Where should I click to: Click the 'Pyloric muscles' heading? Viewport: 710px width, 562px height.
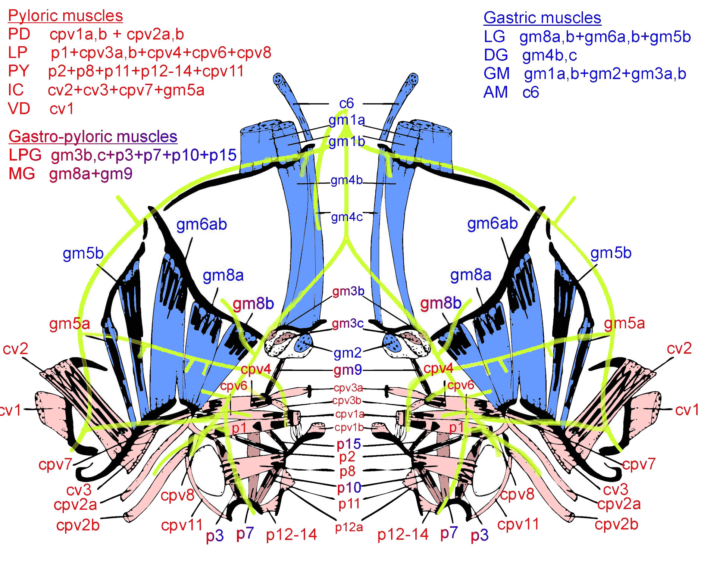click(x=65, y=16)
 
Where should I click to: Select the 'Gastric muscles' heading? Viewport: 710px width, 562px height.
click(x=542, y=18)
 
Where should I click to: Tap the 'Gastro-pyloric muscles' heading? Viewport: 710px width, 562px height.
click(x=93, y=137)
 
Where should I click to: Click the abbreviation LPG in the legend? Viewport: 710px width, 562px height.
click(x=25, y=155)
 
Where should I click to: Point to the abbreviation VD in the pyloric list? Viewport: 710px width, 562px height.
click(x=19, y=109)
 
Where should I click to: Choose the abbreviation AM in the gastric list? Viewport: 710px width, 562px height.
click(x=495, y=92)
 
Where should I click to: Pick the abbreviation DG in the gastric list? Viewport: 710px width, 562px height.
click(x=496, y=55)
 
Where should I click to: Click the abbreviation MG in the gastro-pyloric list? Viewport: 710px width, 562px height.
click(x=22, y=174)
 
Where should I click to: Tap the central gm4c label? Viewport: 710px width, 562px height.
click(x=347, y=217)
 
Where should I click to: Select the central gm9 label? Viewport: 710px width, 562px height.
click(x=347, y=370)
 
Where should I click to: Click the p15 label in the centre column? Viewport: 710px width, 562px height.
click(x=348, y=444)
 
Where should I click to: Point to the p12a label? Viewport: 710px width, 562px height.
click(x=349, y=527)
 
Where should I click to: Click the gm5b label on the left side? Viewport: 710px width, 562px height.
click(x=83, y=253)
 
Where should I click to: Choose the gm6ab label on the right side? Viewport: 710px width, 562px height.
click(x=492, y=224)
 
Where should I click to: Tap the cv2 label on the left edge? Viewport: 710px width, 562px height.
click(x=15, y=349)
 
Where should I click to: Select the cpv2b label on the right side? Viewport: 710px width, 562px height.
click(x=616, y=524)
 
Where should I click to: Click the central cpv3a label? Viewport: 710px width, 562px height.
click(x=348, y=388)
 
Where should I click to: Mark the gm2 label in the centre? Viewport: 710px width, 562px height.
click(x=347, y=353)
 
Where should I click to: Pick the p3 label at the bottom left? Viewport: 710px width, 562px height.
click(x=215, y=536)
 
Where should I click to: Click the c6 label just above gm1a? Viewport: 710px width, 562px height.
click(x=346, y=103)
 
